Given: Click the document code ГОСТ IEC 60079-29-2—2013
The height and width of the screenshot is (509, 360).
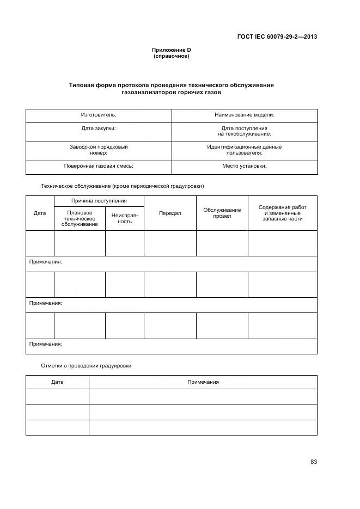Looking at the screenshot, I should [277, 37].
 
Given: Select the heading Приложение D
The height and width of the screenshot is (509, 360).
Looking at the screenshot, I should [171, 50].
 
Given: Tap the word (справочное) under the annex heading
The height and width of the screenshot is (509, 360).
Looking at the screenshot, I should [171, 56].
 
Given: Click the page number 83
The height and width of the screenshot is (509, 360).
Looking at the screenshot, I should [314, 462].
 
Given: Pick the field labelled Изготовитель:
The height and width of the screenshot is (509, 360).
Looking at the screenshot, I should [99, 115].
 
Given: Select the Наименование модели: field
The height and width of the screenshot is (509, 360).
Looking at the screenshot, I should [245, 115].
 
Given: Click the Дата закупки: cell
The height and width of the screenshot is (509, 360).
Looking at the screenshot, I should [99, 128].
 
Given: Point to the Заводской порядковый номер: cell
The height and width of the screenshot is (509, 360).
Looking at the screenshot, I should [99, 150].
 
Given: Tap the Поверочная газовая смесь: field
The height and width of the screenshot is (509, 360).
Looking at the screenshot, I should [99, 166].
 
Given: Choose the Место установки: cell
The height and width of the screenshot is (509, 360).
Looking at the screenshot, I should [245, 166].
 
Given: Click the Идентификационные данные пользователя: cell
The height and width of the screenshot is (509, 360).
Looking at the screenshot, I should [245, 150].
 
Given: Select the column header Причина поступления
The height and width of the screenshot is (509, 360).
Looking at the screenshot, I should [99, 201].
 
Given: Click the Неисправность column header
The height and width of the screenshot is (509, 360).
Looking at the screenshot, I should [125, 218].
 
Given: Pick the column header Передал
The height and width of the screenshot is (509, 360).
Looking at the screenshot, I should [170, 213].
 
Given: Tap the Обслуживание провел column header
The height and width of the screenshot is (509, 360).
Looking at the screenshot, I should [222, 213].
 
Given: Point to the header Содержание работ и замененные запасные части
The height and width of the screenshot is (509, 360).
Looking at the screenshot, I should [282, 213].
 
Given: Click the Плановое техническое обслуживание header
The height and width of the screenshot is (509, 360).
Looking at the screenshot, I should [80, 218].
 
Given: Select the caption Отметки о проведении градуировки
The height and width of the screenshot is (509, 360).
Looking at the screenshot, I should [86, 366].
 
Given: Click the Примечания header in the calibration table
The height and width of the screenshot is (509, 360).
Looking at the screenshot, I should [203, 382].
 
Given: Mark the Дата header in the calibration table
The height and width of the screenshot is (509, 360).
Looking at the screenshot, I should [57, 382].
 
